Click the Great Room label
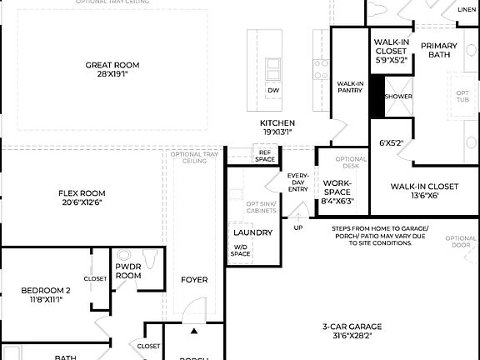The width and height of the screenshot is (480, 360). coord(112,64)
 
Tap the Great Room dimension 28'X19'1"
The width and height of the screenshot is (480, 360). coord(112,74)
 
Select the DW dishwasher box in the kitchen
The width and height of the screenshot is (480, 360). coord(273,90)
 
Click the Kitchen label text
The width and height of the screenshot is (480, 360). coord(277,122)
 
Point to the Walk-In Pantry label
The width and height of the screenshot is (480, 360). coord(349,87)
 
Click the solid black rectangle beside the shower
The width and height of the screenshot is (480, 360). coord(376,96)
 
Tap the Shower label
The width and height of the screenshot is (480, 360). coord(397,97)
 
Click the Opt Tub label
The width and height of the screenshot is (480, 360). coord(462,96)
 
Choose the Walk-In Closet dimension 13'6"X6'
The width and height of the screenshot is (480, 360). coord(424,197)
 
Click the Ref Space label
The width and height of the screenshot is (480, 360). coord(265,156)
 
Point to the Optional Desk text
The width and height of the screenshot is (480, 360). coord(350,162)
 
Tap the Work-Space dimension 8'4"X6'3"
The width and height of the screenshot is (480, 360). coord(337,201)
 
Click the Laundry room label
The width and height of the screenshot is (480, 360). coord(252,232)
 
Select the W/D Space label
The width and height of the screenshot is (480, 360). coord(240,251)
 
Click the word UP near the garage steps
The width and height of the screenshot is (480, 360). coord(298,227)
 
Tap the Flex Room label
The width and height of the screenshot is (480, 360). coord(82,192)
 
